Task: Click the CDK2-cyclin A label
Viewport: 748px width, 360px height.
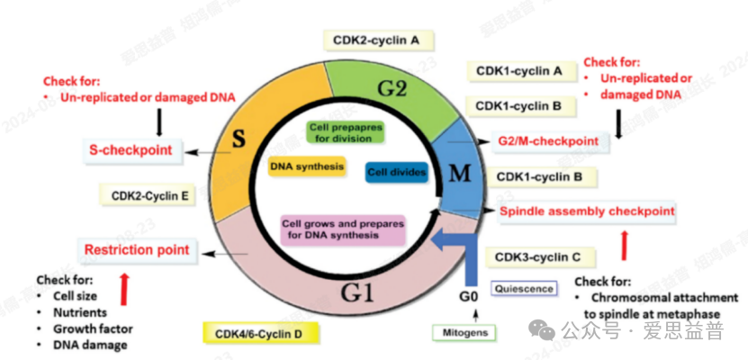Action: point(377,40)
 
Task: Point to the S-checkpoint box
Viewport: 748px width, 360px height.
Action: point(131,149)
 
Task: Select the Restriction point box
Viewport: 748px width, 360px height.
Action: point(137,249)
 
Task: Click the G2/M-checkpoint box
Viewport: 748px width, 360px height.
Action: point(547,141)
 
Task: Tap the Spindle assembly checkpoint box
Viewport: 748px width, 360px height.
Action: point(586,211)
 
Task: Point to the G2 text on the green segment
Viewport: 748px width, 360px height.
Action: point(392,88)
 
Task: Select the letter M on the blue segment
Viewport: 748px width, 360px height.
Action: point(459,174)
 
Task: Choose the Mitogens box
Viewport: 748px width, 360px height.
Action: point(464,333)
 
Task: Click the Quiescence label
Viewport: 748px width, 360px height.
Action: point(523,289)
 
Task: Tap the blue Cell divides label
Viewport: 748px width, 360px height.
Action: point(396,172)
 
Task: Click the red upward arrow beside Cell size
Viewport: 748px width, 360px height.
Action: point(125,286)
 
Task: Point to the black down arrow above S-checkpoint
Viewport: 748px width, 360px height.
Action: point(159,121)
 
